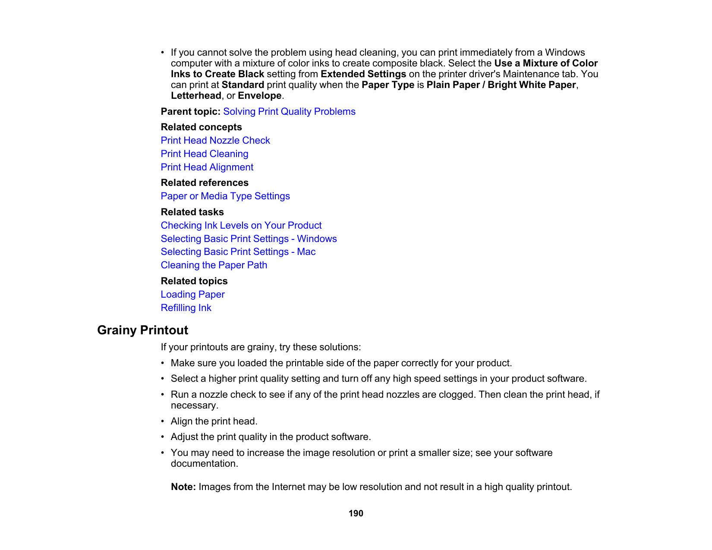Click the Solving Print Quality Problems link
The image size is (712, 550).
pos(289,112)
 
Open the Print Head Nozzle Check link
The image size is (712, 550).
pos(215,141)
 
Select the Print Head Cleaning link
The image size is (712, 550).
pos(205,154)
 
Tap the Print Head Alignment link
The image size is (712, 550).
pos(207,167)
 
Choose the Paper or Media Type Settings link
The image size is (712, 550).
pos(225,196)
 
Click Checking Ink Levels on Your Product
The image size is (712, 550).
pos(241,226)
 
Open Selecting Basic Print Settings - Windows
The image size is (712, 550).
pos(249,239)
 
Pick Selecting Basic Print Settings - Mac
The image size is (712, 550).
pos(238,252)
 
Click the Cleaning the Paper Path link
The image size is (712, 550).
pos(214,265)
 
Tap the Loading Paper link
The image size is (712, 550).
pos(192,295)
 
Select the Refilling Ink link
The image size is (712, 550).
pos(186,308)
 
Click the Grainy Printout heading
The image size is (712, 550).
pos(143,330)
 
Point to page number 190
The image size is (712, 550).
pos(356,513)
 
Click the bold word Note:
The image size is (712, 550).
pos(183,487)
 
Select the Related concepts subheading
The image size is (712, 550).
pos(201,127)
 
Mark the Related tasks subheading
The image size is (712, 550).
pos(192,212)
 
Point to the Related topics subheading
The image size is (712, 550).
pos(194,281)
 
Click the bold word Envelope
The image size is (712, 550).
pos(259,96)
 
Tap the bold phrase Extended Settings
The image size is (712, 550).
pos(363,74)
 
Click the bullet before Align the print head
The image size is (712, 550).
pos(163,421)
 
